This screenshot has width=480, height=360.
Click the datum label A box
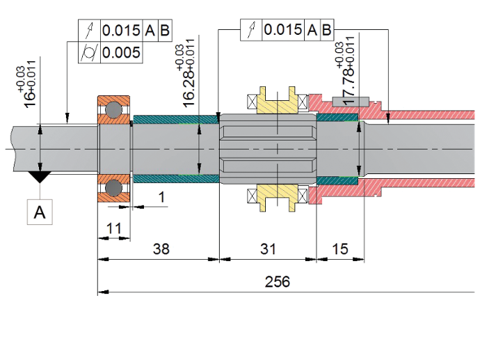click(x=40, y=212)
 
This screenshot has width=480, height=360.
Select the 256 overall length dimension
click(x=278, y=282)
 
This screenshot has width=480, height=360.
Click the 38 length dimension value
click(x=161, y=249)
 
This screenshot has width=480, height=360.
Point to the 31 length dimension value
click(x=268, y=249)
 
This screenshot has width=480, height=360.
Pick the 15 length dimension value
click(x=340, y=249)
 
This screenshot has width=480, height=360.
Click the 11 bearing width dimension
click(x=114, y=228)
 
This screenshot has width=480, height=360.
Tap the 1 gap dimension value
click(x=162, y=197)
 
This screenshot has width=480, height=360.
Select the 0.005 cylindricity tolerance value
click(x=121, y=52)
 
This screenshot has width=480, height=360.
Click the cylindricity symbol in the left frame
click(x=89, y=52)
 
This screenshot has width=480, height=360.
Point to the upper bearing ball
click(x=113, y=110)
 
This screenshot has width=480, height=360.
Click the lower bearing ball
click(x=113, y=187)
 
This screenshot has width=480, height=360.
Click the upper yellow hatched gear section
click(x=278, y=100)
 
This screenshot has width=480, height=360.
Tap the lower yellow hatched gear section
click(x=278, y=198)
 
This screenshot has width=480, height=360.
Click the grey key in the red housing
click(x=351, y=102)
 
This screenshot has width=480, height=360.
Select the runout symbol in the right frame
click(x=251, y=30)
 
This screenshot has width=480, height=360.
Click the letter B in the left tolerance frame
click(x=165, y=31)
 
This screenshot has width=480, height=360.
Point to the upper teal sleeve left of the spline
click(x=177, y=120)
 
